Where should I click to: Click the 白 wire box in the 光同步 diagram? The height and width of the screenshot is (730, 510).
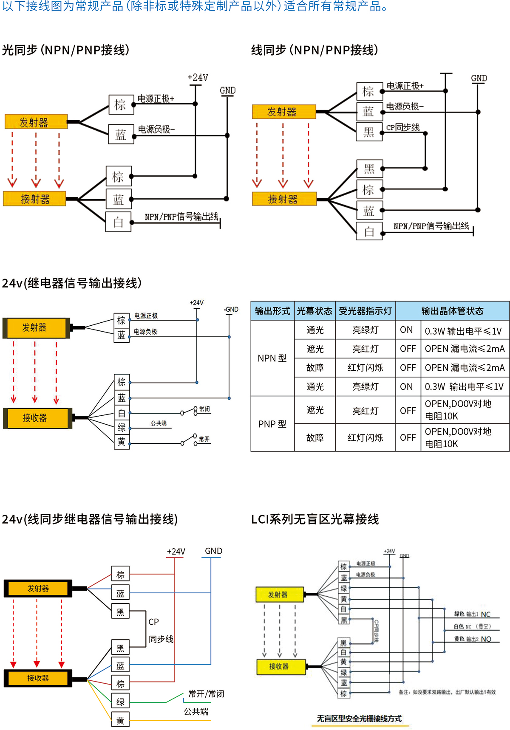pos(118,222)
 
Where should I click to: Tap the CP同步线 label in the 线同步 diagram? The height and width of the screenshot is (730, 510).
pos(402,127)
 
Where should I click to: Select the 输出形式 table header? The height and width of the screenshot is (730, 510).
pos(272,311)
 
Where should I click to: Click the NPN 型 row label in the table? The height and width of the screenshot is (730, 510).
pos(272,358)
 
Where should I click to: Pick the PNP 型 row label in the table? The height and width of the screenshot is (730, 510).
pos(272,424)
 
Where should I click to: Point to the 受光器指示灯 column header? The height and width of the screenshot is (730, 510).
pos(365,311)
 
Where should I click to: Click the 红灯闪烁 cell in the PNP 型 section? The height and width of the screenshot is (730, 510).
pos(365,437)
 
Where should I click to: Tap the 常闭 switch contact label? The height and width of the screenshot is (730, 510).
pos(204,409)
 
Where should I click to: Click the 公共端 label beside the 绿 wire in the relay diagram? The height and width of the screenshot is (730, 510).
pos(159,423)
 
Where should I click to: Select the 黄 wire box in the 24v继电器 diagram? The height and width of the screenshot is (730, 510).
pos(122,442)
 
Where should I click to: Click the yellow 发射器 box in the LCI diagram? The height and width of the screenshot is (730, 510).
pos(279,595)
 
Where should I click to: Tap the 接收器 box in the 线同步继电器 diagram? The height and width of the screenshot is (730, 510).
pos(38,678)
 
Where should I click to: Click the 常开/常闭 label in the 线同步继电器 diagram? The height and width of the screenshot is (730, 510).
pos(206,693)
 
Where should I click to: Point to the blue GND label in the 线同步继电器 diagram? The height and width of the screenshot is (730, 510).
pos(213,551)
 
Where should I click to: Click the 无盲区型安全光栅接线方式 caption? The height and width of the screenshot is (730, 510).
pos(359,719)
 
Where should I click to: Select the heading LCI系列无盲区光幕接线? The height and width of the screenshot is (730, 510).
pos(315,519)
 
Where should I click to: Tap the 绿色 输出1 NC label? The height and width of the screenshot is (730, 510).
pos(472,614)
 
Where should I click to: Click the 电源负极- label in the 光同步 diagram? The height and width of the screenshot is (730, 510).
pos(156,129)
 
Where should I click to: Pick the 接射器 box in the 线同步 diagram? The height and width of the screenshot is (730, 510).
pos(284,199)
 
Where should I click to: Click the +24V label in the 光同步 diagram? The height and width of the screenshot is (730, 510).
pos(198,77)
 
